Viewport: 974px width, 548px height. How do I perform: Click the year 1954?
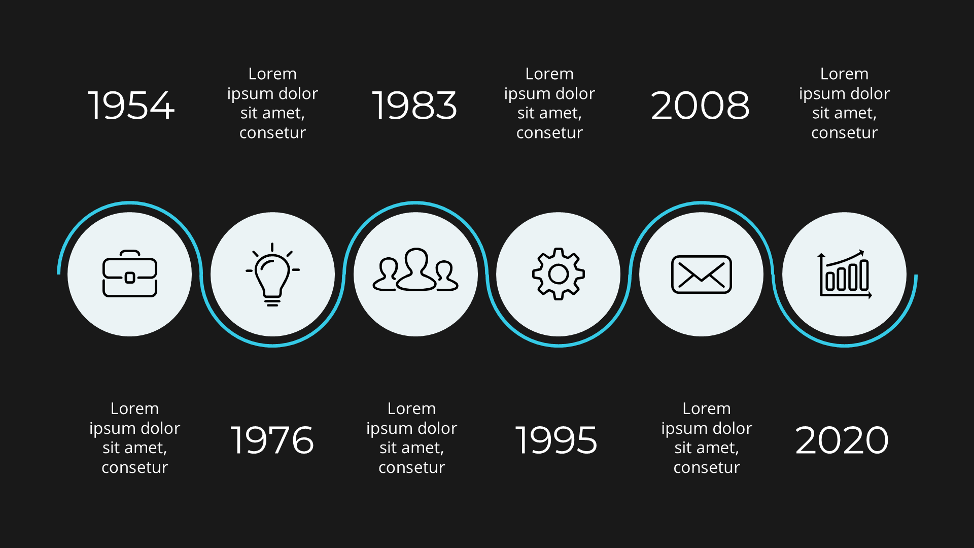click(x=131, y=106)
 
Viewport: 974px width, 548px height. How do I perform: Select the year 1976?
click(x=272, y=440)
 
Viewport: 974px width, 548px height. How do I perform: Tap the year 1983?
click(x=414, y=106)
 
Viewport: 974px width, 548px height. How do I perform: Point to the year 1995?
click(x=556, y=440)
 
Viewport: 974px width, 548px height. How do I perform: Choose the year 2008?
click(x=700, y=106)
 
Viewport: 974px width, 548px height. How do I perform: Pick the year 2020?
click(x=842, y=440)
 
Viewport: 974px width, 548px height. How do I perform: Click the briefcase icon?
click(x=130, y=274)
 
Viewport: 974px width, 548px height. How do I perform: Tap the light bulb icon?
click(x=272, y=274)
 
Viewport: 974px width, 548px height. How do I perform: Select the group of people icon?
click(x=415, y=271)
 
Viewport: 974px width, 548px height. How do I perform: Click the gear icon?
click(x=559, y=274)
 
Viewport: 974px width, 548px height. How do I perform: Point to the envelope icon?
click(x=702, y=275)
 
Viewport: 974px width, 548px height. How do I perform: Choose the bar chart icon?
click(x=845, y=275)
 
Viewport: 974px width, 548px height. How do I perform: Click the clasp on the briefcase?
click(x=130, y=278)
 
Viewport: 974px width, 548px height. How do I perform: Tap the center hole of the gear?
click(x=559, y=274)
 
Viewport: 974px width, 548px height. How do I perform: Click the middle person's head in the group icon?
click(x=416, y=258)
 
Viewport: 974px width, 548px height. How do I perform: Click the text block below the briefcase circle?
click(x=134, y=437)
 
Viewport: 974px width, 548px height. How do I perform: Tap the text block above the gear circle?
click(x=549, y=103)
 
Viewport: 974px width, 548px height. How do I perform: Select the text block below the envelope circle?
click(x=707, y=437)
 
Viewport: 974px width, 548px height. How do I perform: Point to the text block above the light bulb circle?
click(x=272, y=103)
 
